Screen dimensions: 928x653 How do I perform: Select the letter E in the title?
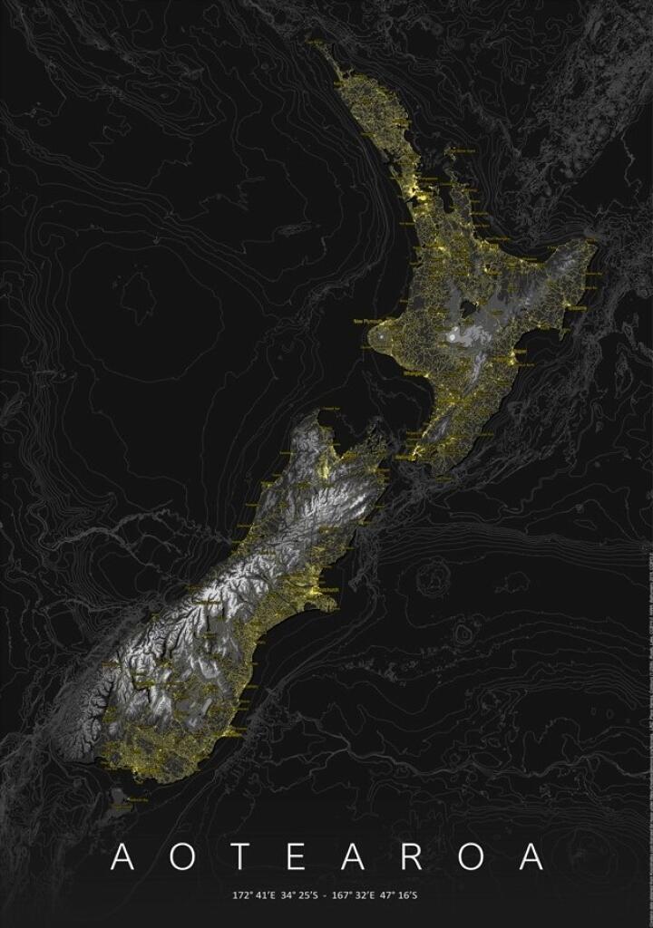(x=279, y=857)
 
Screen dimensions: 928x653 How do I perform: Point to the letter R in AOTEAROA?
(x=418, y=857)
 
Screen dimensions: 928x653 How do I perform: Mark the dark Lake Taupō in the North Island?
(x=467, y=306)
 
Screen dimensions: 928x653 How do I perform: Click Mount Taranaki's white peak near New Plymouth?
(x=388, y=341)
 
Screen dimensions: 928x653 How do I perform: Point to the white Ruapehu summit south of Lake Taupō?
(x=452, y=338)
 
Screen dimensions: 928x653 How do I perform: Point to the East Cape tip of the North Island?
(x=595, y=240)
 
